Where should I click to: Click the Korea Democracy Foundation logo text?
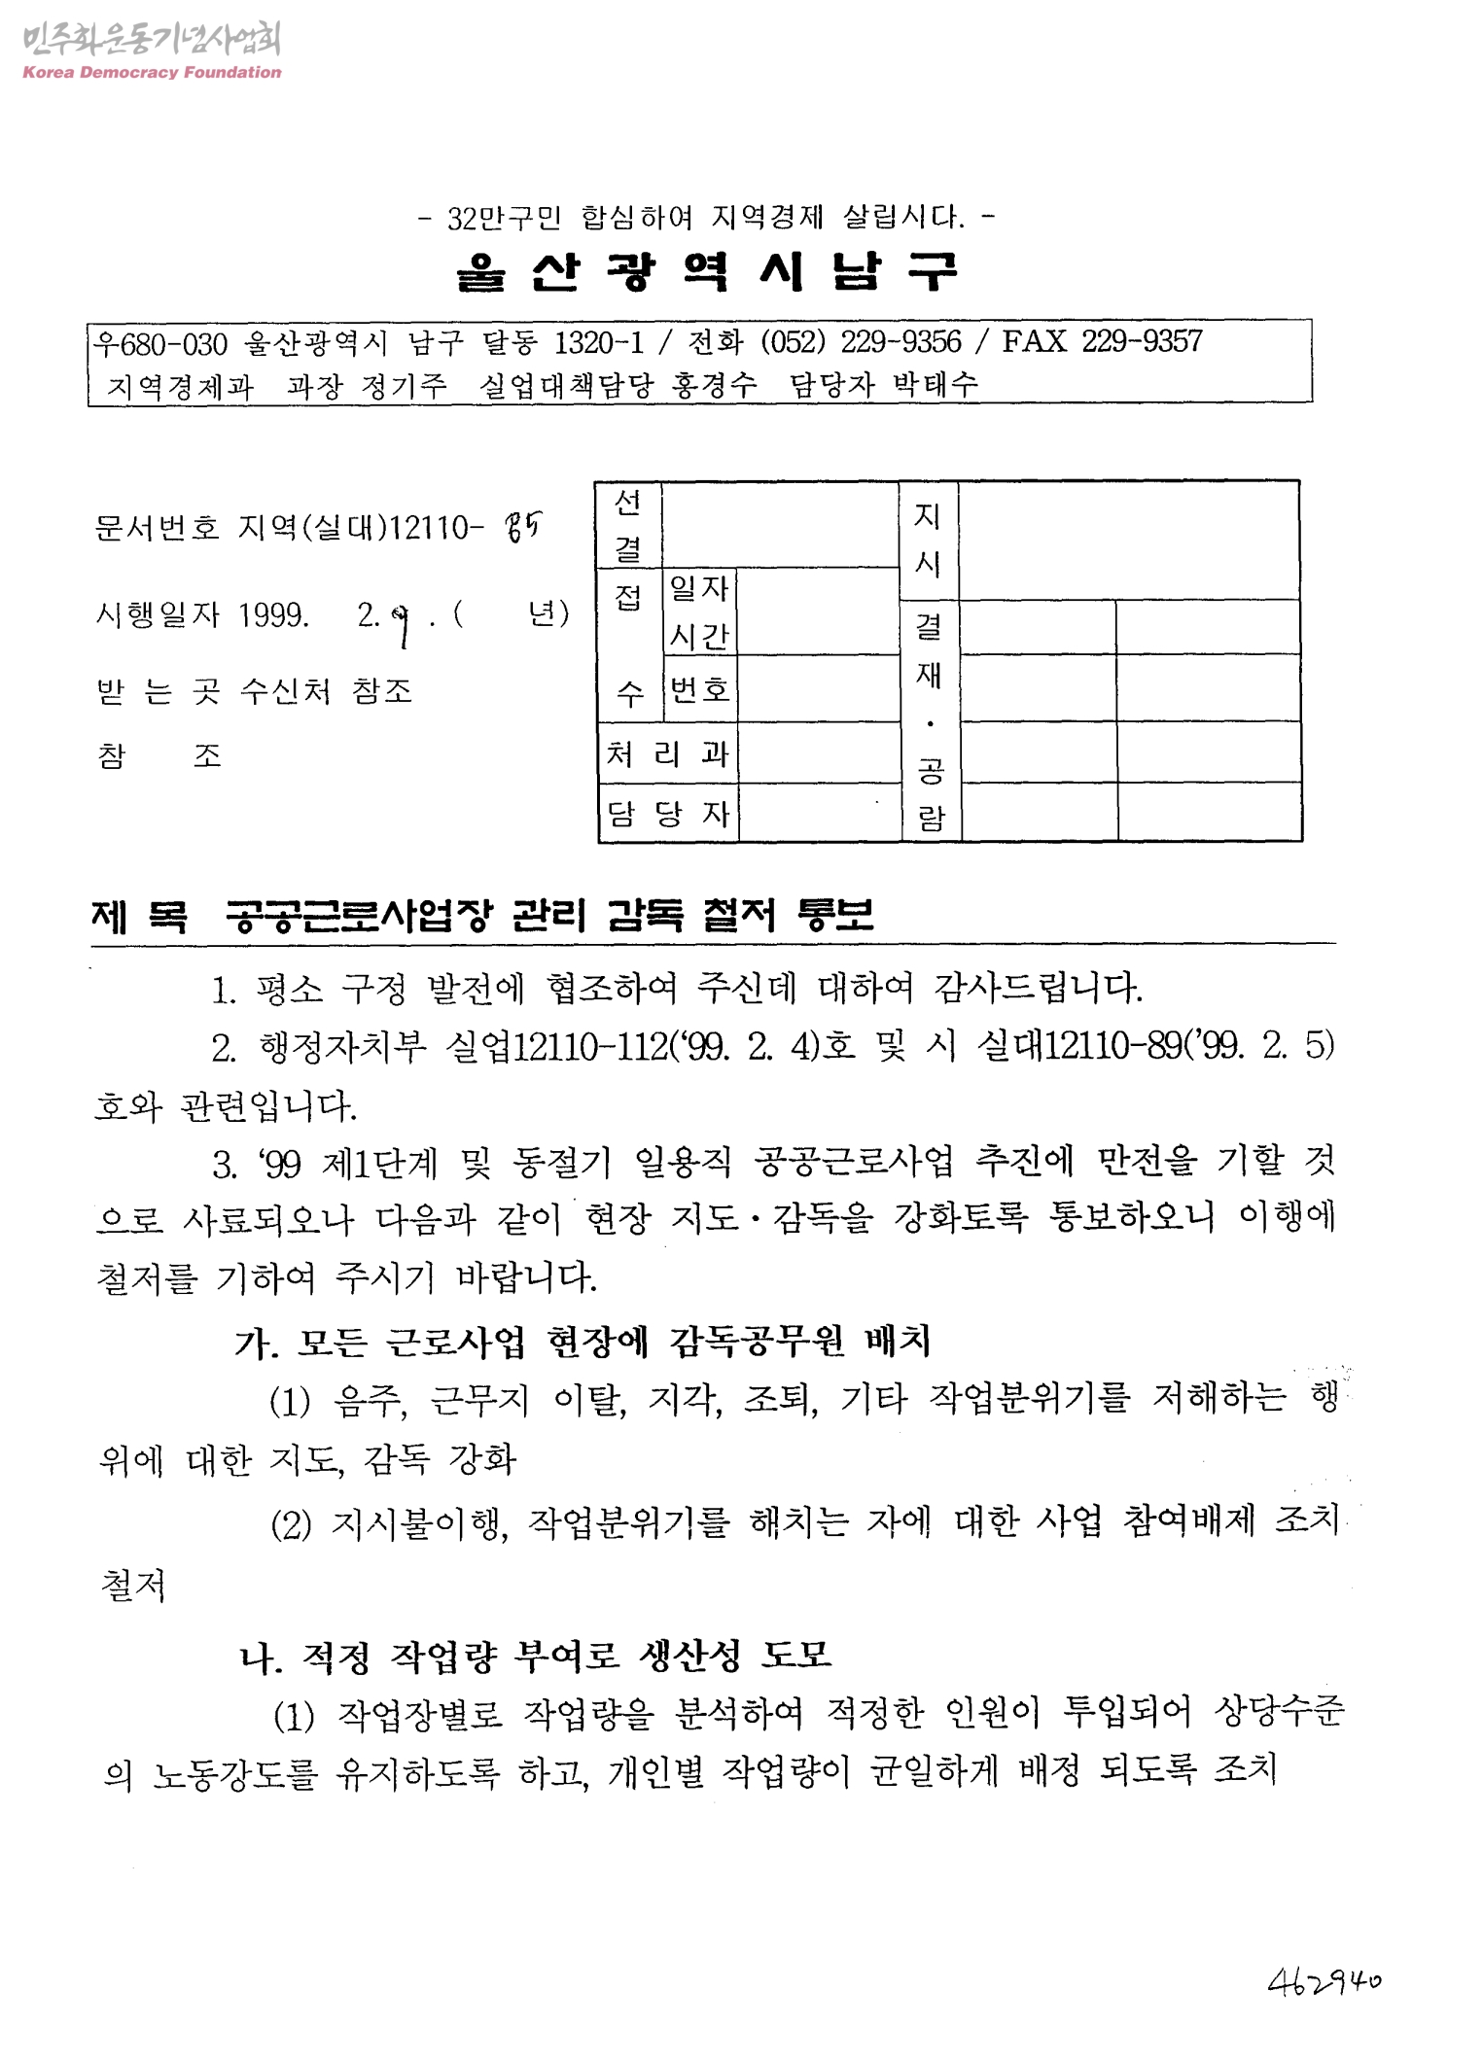tap(152, 72)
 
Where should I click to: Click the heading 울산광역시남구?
tap(707, 271)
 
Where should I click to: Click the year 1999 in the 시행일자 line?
tap(274, 615)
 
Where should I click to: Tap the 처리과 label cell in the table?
tap(667, 753)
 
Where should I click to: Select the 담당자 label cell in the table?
tap(667, 813)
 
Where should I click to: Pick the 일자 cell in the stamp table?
tap(698, 588)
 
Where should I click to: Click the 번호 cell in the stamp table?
tap(699, 689)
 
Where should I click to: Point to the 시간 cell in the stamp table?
tap(699, 637)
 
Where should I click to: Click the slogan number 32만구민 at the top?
tap(504, 218)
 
